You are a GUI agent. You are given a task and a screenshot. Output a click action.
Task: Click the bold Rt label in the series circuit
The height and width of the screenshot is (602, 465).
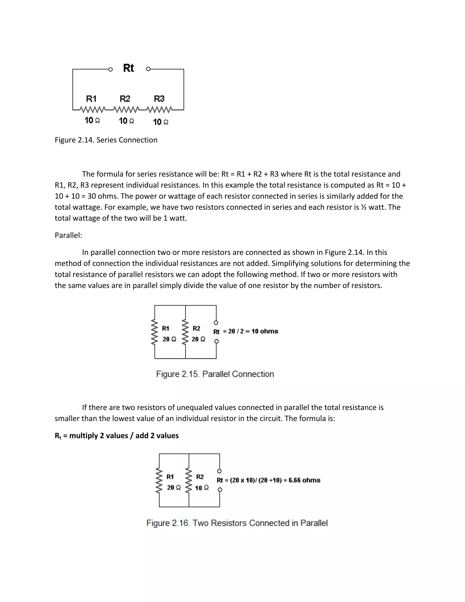pos(128,68)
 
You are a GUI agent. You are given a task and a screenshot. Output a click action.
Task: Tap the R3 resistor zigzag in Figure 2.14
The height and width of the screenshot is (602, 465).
pos(159,110)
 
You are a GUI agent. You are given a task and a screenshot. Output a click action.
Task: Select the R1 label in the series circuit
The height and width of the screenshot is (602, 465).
pos(91,99)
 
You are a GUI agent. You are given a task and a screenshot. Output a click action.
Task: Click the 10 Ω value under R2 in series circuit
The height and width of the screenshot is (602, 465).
pos(126,121)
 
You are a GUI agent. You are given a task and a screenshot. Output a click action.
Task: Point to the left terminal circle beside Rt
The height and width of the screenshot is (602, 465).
pos(111,70)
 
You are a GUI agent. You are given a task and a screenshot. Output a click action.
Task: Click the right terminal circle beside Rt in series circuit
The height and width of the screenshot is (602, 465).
pos(148,69)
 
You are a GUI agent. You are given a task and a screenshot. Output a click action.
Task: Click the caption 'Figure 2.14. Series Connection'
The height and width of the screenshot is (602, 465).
pos(106,140)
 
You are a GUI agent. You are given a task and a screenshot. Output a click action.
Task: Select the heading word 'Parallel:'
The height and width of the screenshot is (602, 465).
pos(68,235)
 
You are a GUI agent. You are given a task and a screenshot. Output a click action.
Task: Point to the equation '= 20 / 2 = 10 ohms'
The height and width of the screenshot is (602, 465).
pos(250,331)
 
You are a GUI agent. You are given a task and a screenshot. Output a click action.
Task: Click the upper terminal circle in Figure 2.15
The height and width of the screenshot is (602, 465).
pos(216,323)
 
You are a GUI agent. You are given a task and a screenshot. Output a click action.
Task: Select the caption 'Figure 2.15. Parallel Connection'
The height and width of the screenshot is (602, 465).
pos(215,374)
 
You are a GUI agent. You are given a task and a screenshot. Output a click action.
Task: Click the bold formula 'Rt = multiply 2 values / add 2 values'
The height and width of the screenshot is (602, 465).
pos(116,436)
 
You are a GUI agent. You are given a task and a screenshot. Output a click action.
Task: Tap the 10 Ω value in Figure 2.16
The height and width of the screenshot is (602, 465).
pos(202,488)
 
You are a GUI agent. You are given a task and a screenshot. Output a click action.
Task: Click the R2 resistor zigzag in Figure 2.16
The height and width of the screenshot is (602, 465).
pos(189,480)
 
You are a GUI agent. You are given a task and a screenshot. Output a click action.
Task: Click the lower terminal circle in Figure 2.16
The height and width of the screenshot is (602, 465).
pos(220,490)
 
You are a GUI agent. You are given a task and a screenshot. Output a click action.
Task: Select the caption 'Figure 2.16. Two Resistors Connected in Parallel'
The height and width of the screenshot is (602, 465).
pos(237,523)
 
